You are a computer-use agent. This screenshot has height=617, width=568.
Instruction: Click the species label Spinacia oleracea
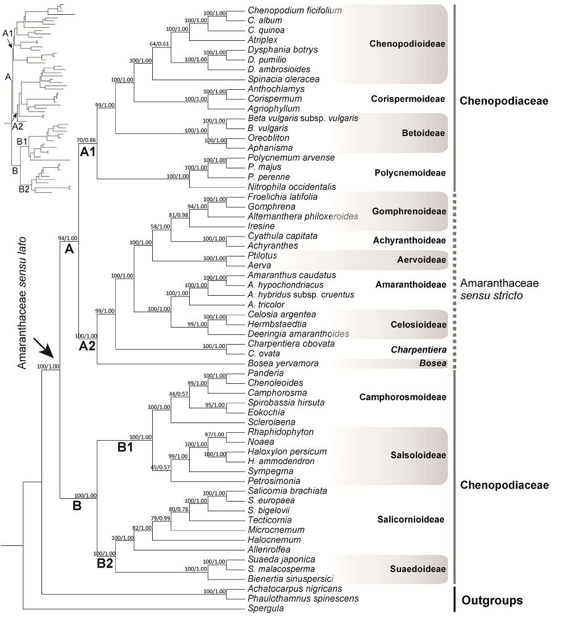click(x=283, y=79)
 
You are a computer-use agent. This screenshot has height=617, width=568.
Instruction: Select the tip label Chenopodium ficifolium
click(x=295, y=11)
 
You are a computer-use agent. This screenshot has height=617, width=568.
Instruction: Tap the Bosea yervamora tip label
click(x=283, y=363)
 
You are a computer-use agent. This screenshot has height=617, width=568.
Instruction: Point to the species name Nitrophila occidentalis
click(x=292, y=187)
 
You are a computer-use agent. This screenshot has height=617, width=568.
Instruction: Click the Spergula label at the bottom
click(x=266, y=608)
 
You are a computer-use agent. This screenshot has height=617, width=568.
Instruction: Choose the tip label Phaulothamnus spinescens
click(x=303, y=598)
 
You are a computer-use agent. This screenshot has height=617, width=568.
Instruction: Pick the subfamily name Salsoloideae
click(x=418, y=455)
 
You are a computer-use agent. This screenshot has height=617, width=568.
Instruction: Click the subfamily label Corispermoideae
click(x=408, y=99)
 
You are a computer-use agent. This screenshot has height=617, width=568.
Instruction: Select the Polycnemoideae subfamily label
click(x=410, y=173)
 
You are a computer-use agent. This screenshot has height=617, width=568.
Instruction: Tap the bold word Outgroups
click(x=492, y=601)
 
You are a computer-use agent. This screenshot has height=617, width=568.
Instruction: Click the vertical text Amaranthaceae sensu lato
click(x=22, y=303)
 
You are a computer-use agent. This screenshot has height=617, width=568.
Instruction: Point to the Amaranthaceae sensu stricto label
click(x=499, y=289)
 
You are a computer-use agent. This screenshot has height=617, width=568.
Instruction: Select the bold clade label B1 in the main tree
click(x=126, y=447)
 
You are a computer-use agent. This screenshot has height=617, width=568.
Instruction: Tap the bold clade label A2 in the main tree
click(x=87, y=346)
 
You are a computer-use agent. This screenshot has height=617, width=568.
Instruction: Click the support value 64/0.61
click(x=159, y=44)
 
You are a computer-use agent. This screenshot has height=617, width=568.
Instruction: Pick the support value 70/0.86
click(x=86, y=140)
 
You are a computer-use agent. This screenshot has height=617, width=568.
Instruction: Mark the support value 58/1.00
click(x=160, y=227)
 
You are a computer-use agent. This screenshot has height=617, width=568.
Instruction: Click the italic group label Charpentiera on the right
click(x=419, y=350)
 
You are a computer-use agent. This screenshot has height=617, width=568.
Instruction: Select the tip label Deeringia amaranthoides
click(x=298, y=334)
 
